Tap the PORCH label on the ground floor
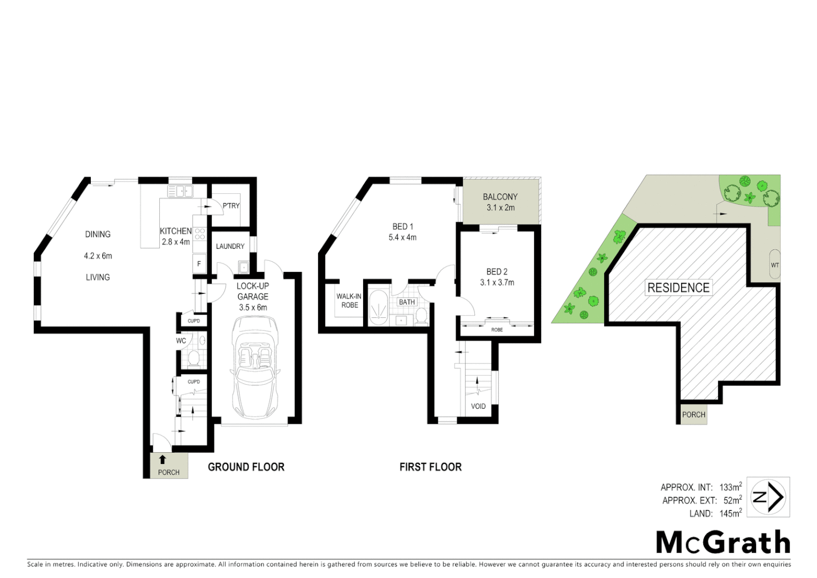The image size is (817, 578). (x=169, y=472)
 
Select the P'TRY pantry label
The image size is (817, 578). (x=231, y=206)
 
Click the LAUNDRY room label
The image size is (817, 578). (x=230, y=246)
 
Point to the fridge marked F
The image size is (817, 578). (x=199, y=264)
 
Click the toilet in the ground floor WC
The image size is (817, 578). (x=193, y=358)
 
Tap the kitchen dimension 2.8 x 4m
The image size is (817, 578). (x=176, y=242)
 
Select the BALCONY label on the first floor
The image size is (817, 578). (x=500, y=197)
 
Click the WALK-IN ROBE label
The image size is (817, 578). (x=349, y=301)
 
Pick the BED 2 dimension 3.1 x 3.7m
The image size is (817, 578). (x=497, y=283)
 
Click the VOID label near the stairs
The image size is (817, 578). (x=478, y=406)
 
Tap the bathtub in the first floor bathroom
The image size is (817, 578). (x=379, y=308)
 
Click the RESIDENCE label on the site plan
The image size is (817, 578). (x=679, y=287)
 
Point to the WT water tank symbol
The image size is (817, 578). (x=774, y=264)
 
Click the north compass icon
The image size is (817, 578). (x=768, y=497)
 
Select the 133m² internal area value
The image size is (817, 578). (x=730, y=487)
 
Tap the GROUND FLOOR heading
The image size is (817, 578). (x=246, y=467)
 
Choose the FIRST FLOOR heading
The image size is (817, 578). (x=430, y=467)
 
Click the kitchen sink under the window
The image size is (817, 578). (x=180, y=191)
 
